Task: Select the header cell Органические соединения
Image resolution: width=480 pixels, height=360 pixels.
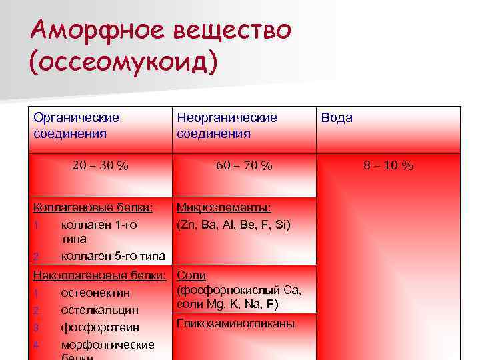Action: [x=77, y=125]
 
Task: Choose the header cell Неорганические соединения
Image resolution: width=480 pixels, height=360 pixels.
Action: [x=227, y=125]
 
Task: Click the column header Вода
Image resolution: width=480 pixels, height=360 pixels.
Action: [x=337, y=118]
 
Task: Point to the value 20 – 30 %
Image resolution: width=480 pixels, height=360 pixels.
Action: [x=100, y=166]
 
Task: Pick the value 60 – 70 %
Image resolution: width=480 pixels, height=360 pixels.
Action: [x=244, y=166]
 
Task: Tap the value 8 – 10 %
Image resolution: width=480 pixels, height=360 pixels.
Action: [x=388, y=166]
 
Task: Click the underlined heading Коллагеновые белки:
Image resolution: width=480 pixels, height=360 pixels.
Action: [x=93, y=207]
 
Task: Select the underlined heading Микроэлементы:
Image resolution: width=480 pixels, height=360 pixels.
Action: [x=223, y=207]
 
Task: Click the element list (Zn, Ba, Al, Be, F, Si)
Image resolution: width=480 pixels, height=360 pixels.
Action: [x=233, y=225]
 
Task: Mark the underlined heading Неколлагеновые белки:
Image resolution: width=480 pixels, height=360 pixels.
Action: [x=99, y=275]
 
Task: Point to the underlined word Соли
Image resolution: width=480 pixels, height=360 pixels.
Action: [x=191, y=275]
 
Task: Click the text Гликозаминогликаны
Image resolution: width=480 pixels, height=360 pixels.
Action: [x=235, y=323]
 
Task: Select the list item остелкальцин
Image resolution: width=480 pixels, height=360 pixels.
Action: [x=99, y=310]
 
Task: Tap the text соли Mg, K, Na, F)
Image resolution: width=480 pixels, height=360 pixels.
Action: [x=227, y=305]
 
